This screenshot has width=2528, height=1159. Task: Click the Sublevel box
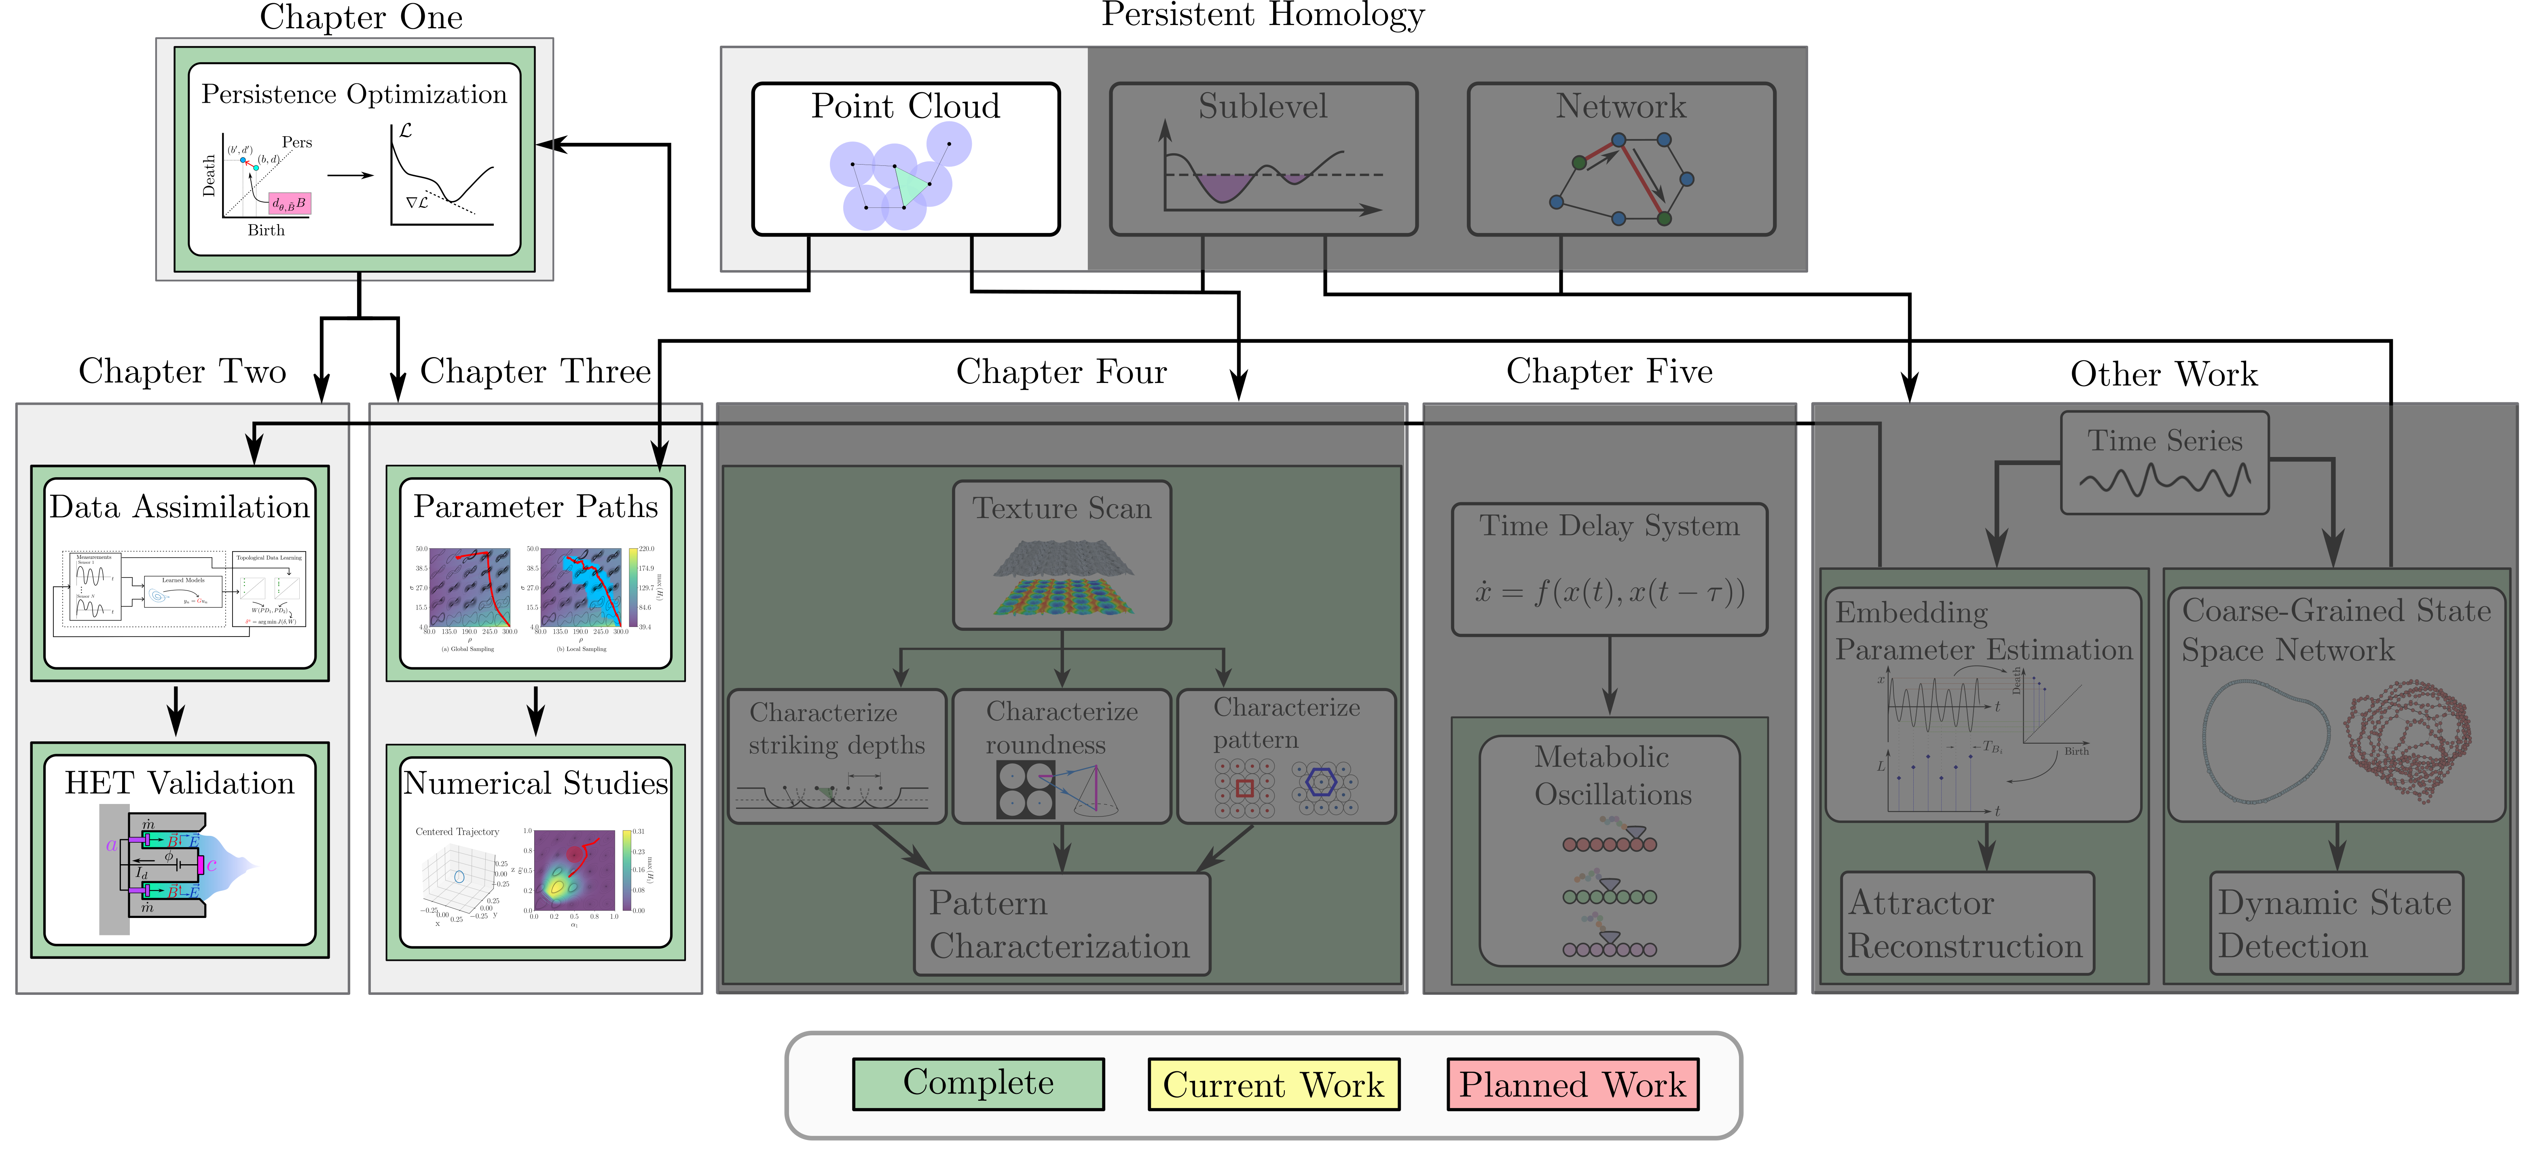(x=1263, y=159)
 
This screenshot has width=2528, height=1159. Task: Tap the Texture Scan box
(x=1062, y=554)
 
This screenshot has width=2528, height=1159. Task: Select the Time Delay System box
(x=1610, y=569)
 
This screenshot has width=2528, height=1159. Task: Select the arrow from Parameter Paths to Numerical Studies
(x=536, y=710)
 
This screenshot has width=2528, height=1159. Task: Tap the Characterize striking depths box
(x=836, y=756)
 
